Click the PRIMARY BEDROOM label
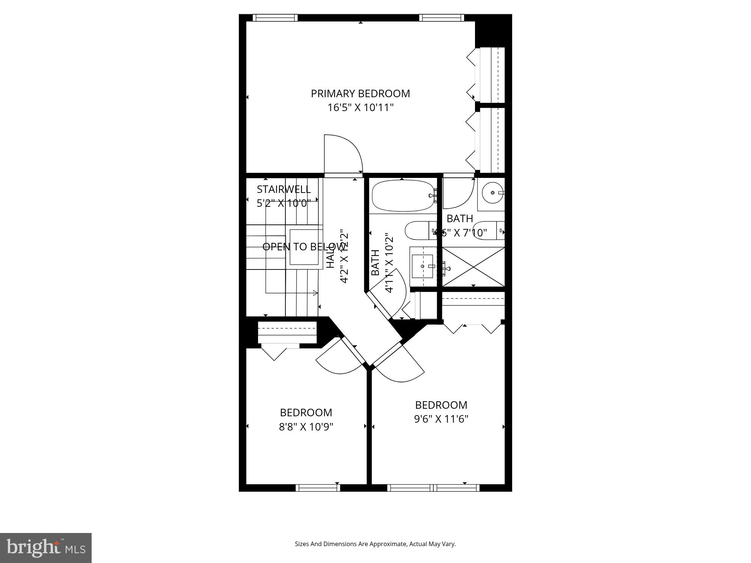(x=360, y=93)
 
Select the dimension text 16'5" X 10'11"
(x=360, y=108)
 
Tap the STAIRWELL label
(x=284, y=189)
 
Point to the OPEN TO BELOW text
(x=303, y=247)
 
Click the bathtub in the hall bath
(x=402, y=196)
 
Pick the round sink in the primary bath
(x=492, y=193)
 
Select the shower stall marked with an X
(x=473, y=266)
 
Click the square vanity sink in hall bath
(x=422, y=266)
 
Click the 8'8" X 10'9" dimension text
(x=306, y=427)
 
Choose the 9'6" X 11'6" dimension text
(x=441, y=419)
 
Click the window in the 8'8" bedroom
(x=318, y=488)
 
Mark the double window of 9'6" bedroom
(x=433, y=488)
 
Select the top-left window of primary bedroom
(x=275, y=18)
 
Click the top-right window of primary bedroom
(x=441, y=18)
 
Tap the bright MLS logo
(x=46, y=548)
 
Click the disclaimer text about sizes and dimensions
(x=375, y=544)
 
